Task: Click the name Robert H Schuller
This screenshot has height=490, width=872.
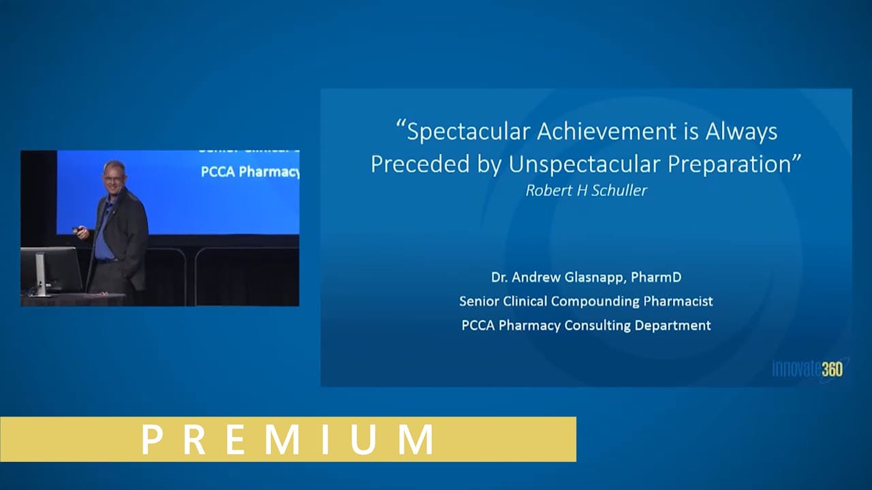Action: click(x=586, y=191)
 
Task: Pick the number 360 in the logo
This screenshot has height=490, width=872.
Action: click(x=832, y=369)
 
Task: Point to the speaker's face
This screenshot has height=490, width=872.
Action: click(x=114, y=178)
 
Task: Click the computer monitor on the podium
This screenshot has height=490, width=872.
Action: click(x=50, y=269)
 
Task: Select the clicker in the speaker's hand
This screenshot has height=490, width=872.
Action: click(x=77, y=230)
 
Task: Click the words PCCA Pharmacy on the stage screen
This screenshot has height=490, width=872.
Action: click(x=249, y=172)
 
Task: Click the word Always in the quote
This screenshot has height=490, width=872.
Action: click(x=741, y=131)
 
